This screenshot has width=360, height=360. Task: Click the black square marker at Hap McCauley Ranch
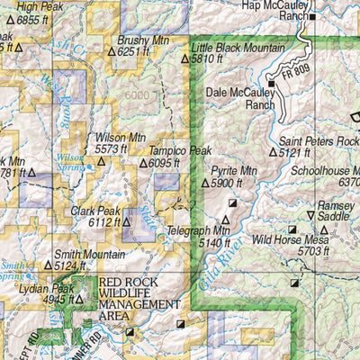pyautogui.click(x=312, y=16)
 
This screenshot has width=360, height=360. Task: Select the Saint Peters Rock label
pyautogui.click(x=319, y=141)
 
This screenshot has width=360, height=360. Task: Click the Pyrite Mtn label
pyautogui.click(x=229, y=170)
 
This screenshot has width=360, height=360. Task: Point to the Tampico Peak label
pyautogui.click(x=180, y=151)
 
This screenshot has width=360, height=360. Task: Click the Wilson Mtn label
pyautogui.click(x=120, y=138)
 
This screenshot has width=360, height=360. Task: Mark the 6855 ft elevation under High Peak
pyautogui.click(x=34, y=19)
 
